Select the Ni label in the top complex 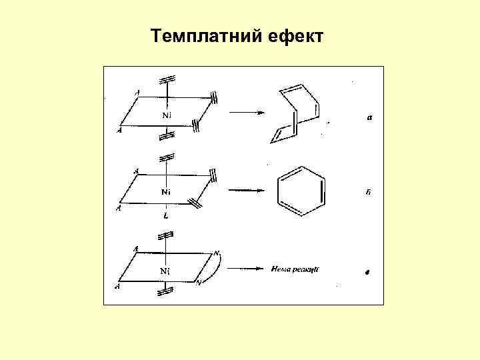coord(167,116)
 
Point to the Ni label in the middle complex coord(167,193)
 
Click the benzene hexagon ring coord(301,191)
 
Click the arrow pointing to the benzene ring coord(247,191)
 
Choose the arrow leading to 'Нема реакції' coord(246,269)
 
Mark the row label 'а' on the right coord(369,118)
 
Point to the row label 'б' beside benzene coord(369,193)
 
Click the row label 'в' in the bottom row coord(367,272)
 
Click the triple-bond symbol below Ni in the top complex coord(167,136)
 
